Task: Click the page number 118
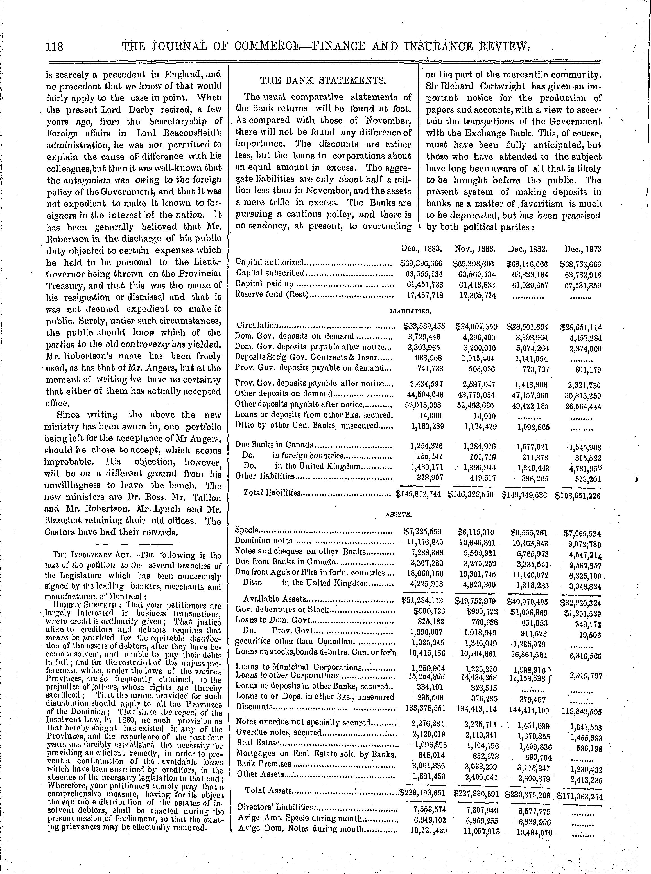click(x=54, y=47)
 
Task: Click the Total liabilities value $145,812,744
click(x=418, y=494)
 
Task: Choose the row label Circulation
click(x=257, y=326)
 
